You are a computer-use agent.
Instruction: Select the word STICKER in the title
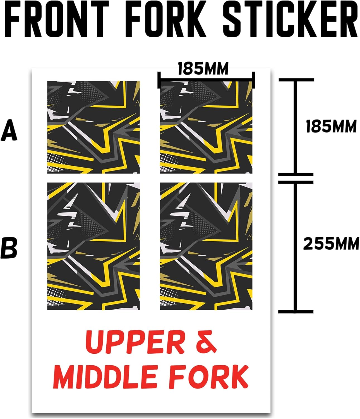(290, 20)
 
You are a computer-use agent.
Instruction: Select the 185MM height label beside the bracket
(331, 127)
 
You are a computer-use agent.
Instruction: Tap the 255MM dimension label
(331, 244)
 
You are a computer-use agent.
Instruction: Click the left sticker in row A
(93, 127)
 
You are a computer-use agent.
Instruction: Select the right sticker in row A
(206, 127)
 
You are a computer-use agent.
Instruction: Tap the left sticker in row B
(93, 246)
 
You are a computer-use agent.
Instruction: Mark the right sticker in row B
(206, 246)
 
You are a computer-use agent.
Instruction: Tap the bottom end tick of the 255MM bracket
(296, 311)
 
